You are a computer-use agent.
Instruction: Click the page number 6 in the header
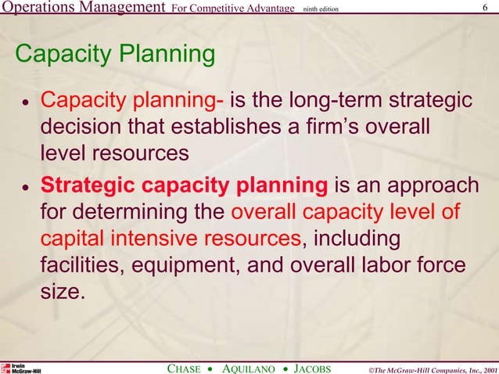pyautogui.click(x=486, y=8)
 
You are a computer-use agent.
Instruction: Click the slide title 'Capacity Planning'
pyautogui.click(x=115, y=56)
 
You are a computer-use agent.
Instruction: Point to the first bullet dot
pyautogui.click(x=26, y=104)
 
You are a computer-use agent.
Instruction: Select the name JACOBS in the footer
pyautogui.click(x=314, y=368)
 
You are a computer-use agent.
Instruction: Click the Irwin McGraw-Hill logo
pyautogui.click(x=21, y=368)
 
